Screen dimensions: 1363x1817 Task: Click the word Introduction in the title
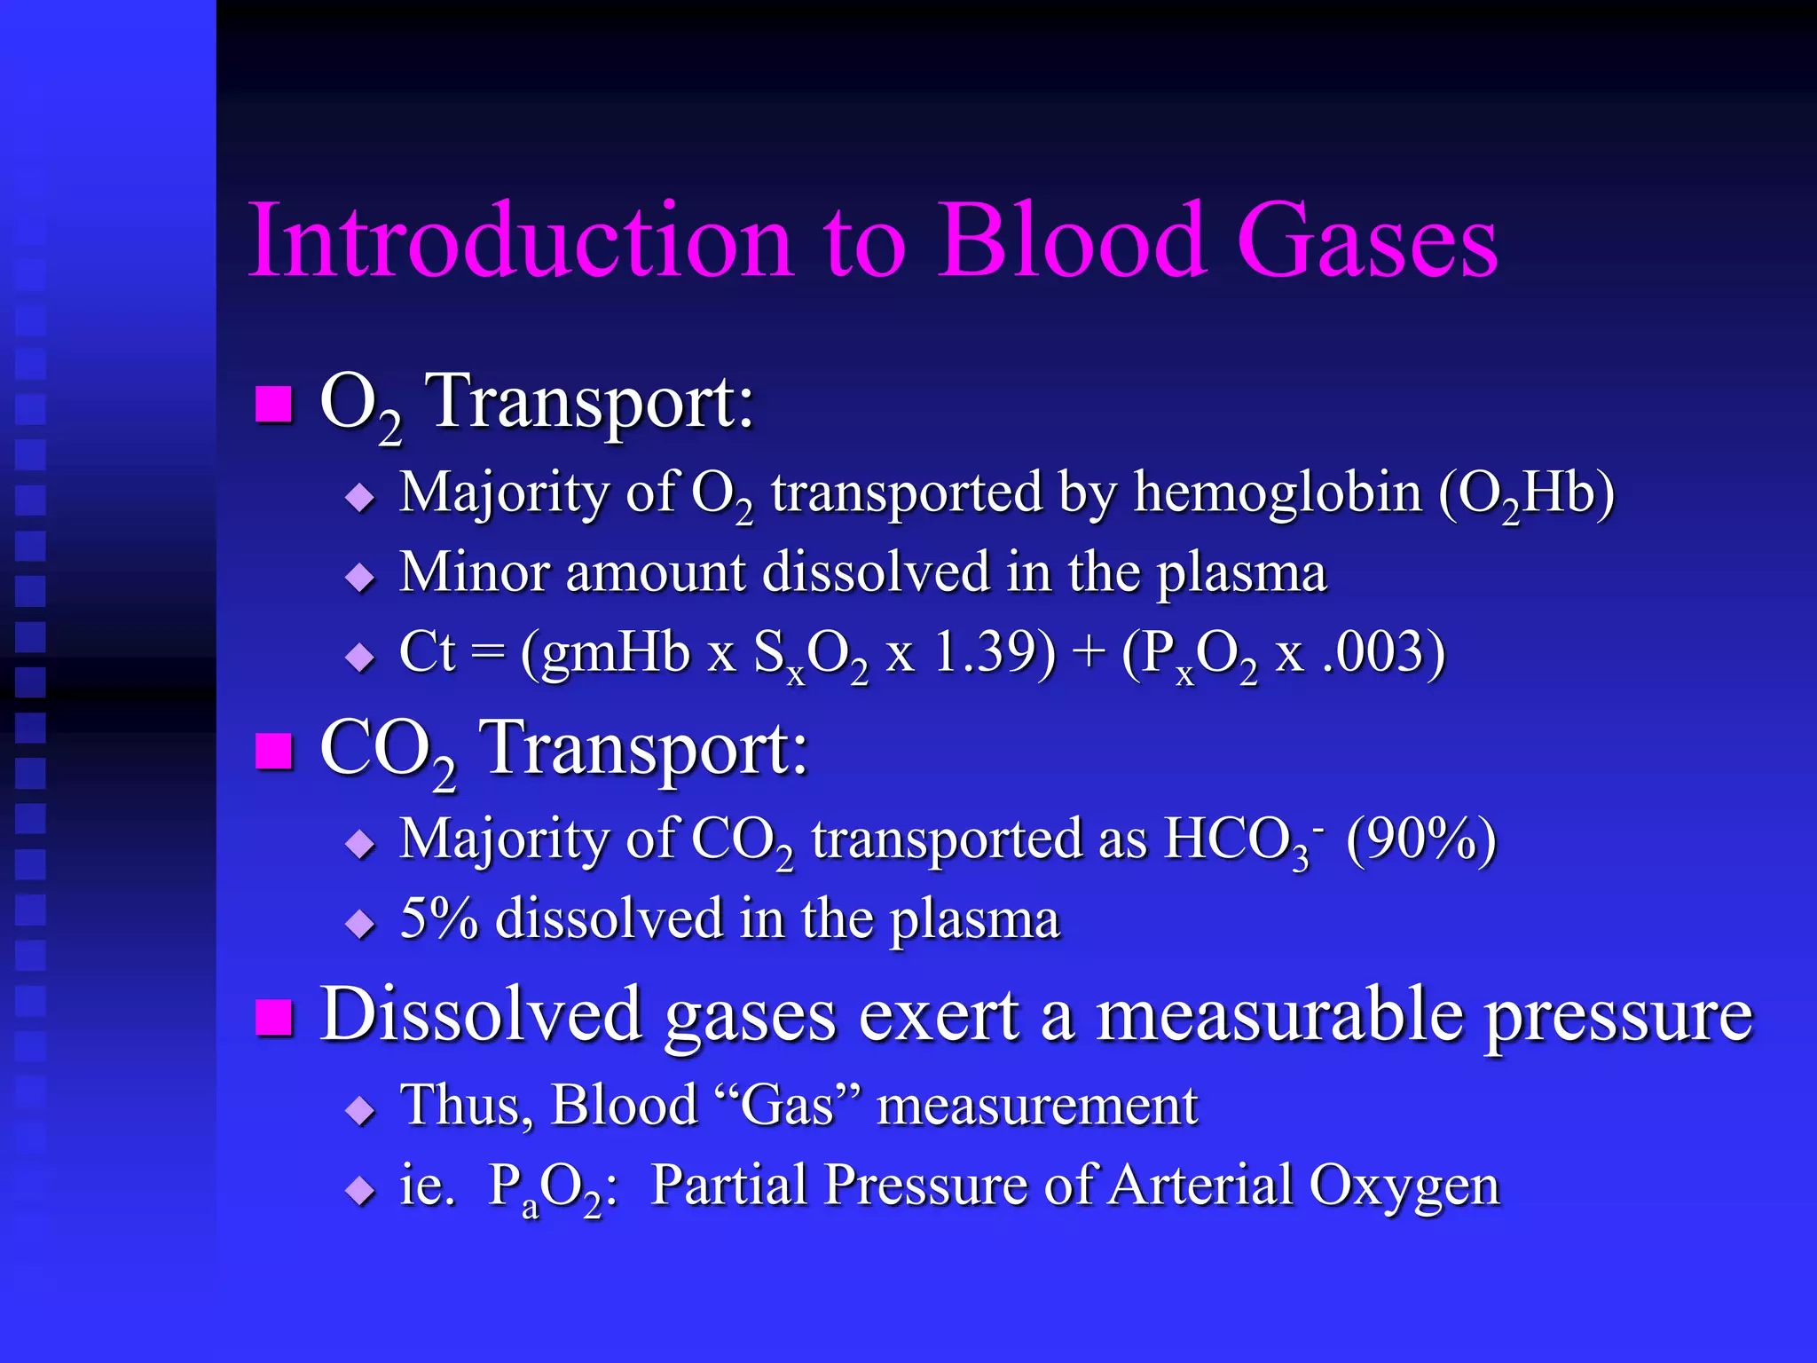pos(520,241)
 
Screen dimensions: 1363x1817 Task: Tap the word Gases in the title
pos(1366,241)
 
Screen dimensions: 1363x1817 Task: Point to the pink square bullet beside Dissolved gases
pos(273,1017)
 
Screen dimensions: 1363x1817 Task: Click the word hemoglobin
pos(1278,492)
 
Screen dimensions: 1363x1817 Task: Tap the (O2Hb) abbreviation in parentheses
pos(1526,494)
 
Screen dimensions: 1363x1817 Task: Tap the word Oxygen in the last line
pos(1404,1186)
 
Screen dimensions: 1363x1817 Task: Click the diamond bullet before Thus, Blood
pos(360,1109)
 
